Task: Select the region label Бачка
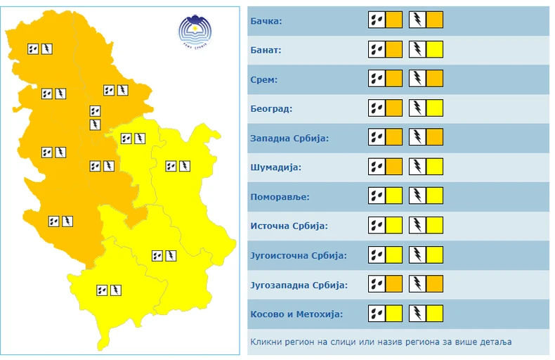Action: (x=266, y=21)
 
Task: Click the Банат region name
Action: (x=266, y=51)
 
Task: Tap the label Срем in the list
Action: (x=264, y=79)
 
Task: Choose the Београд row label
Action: (x=270, y=109)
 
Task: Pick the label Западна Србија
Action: (x=289, y=138)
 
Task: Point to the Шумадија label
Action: (x=275, y=167)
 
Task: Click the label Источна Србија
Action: (x=289, y=226)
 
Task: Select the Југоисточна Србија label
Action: (x=298, y=255)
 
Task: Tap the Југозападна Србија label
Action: (x=299, y=285)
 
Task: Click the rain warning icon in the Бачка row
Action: (x=377, y=20)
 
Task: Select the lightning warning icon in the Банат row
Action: (x=418, y=50)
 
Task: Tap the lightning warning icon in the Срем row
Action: (x=418, y=79)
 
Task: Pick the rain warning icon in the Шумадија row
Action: (x=377, y=167)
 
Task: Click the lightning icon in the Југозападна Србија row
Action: (x=418, y=284)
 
